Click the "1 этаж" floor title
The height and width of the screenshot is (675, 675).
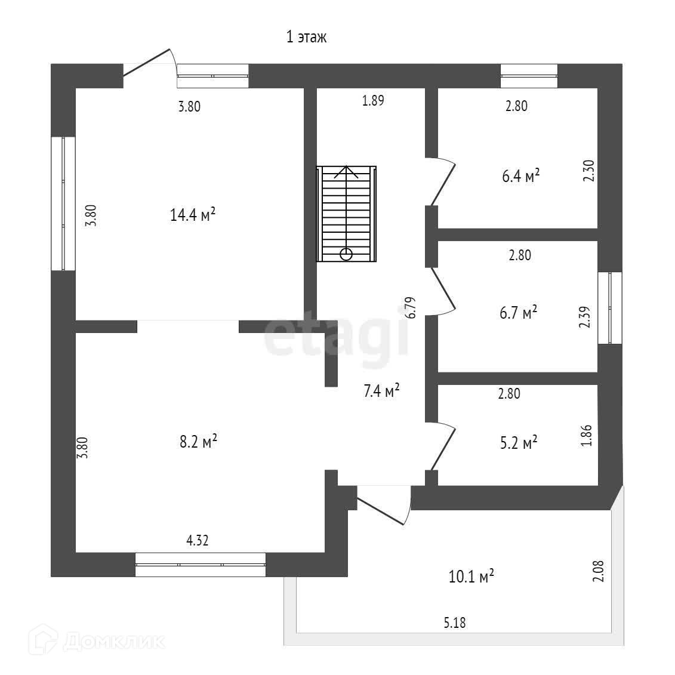click(x=307, y=38)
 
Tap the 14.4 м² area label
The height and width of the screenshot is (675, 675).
click(x=193, y=215)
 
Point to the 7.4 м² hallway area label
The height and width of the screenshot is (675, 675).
click(x=381, y=392)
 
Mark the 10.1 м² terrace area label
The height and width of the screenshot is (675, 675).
click(x=471, y=577)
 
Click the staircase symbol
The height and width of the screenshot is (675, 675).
click(x=347, y=214)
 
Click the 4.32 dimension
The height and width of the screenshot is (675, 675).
click(x=198, y=541)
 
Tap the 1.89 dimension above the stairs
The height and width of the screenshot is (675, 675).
click(x=373, y=100)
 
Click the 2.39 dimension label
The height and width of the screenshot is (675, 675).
click(x=585, y=317)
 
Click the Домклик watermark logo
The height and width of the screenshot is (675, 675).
click(x=99, y=642)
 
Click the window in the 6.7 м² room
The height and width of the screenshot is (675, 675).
click(x=610, y=308)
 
